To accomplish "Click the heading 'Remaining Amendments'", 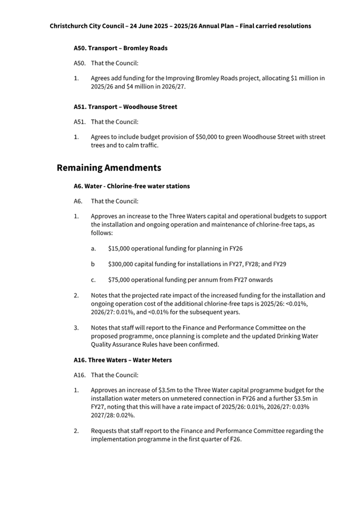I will pyautogui.click(x=109, y=168).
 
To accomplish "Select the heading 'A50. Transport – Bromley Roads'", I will pyautogui.click(x=121, y=48).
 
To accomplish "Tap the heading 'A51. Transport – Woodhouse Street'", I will pyautogui.click(x=125, y=107).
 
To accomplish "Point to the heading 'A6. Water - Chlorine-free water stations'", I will pyautogui.click(x=132, y=186).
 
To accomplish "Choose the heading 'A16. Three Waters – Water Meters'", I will pyautogui.click(x=123, y=360).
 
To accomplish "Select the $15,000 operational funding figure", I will pyautogui.click(x=120, y=248).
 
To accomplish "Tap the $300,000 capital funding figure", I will pyautogui.click(x=122, y=264).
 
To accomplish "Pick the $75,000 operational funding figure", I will pyautogui.click(x=120, y=280).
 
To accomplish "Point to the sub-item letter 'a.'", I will pyautogui.click(x=93, y=248).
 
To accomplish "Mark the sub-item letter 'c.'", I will pyautogui.click(x=93, y=280).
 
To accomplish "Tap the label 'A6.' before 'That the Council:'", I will pyautogui.click(x=78, y=201).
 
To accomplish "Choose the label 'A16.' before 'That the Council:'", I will pyautogui.click(x=79, y=375).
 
